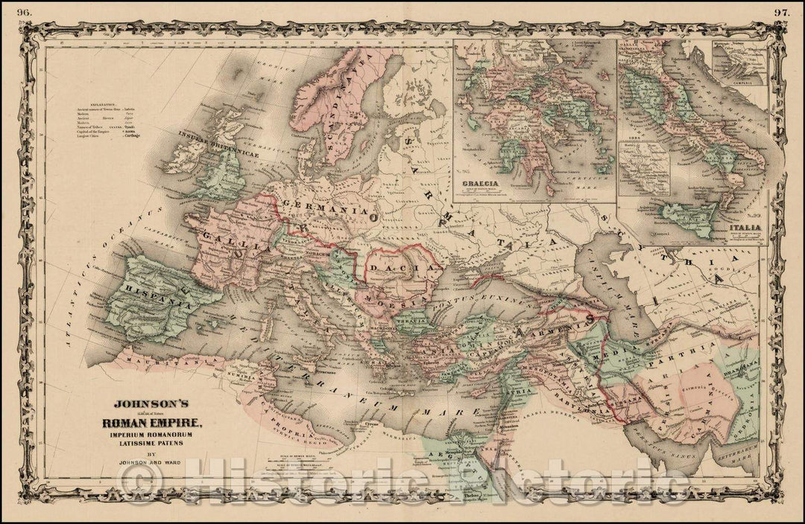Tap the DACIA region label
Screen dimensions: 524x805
coord(402,266)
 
